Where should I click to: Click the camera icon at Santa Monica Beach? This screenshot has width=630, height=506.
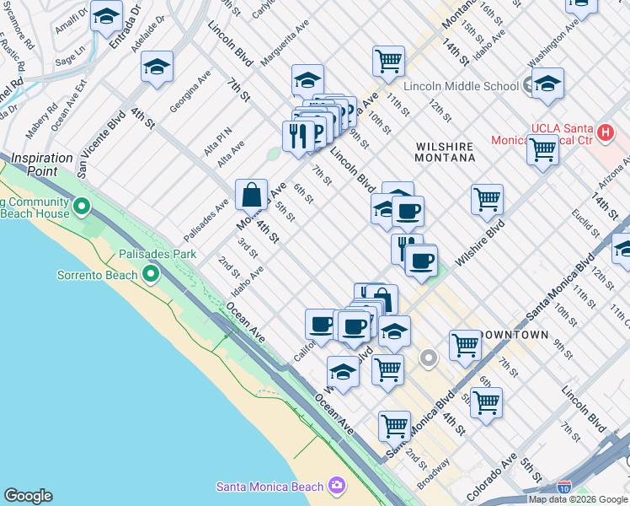click(337, 486)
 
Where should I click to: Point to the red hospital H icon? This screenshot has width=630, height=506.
click(604, 132)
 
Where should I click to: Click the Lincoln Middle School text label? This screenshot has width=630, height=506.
click(461, 86)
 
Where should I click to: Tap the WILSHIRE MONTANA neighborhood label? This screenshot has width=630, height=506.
click(446, 152)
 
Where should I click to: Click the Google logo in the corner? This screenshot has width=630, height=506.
click(28, 496)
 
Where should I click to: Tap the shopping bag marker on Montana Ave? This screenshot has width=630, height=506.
click(252, 196)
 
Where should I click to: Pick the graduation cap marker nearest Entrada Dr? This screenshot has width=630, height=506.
click(107, 17)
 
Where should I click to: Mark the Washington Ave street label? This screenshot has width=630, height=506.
click(553, 50)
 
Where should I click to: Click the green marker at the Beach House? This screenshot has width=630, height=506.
click(82, 206)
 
